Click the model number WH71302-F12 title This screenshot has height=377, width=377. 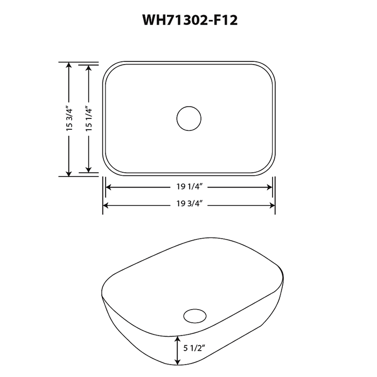(188, 20)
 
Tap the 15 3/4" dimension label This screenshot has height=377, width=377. (69, 118)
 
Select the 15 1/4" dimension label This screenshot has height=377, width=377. (89, 118)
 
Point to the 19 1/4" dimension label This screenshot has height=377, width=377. (188, 187)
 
